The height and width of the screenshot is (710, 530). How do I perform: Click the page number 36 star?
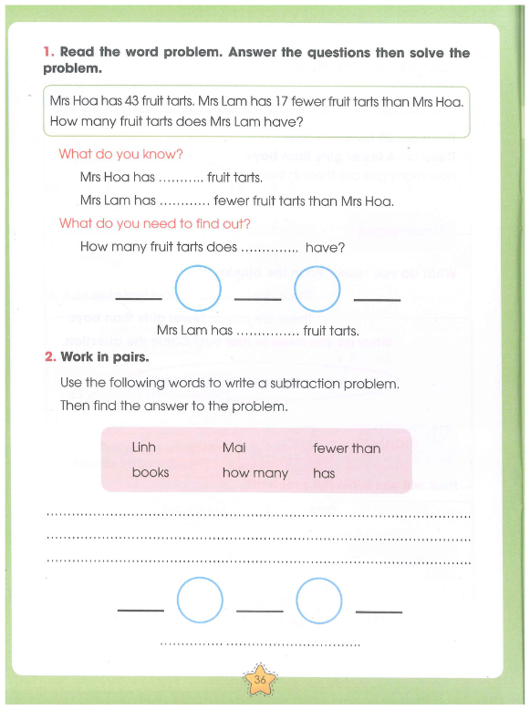260,679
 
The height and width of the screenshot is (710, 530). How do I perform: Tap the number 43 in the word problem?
131,100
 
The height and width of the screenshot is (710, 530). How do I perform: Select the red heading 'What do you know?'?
120,154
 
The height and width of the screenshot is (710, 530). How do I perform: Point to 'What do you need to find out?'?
154,223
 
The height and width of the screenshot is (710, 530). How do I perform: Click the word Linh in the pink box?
144,448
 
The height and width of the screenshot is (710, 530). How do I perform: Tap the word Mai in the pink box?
234,448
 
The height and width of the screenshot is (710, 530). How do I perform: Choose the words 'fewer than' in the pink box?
347,448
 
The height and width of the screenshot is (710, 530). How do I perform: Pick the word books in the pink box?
151,472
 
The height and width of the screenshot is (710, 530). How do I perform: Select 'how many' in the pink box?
255,473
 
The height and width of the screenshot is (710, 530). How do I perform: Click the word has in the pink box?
324,473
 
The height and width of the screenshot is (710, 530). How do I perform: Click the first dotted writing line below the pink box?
258,515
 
